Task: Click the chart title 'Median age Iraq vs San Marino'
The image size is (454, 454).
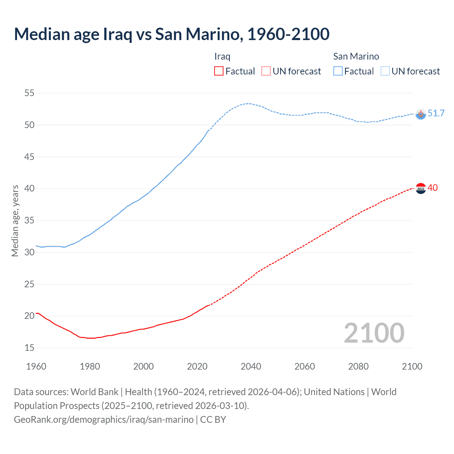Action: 172,34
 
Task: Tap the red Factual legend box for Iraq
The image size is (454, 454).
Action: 219,71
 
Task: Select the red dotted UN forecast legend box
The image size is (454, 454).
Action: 266,71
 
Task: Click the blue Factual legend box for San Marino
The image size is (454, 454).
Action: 338,71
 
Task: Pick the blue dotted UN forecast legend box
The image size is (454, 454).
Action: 385,71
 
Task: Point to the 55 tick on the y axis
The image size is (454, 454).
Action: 29,93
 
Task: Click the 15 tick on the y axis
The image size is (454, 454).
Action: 29,348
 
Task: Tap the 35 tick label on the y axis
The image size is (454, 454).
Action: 29,221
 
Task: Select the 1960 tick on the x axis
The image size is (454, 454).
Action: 36,366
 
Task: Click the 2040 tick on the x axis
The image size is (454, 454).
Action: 251,366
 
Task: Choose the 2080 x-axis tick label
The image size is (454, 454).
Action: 358,366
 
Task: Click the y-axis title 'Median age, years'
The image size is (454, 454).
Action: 15,221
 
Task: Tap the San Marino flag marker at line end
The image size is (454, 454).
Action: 421,114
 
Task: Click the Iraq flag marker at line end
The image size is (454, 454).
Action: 421,188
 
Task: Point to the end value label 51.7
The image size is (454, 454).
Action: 436,113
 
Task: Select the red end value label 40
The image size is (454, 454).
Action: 433,188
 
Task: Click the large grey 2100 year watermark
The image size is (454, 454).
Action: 374,333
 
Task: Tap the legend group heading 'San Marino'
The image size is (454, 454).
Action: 356,56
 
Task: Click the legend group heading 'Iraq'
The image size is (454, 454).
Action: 222,56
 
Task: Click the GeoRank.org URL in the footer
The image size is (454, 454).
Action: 104,420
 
